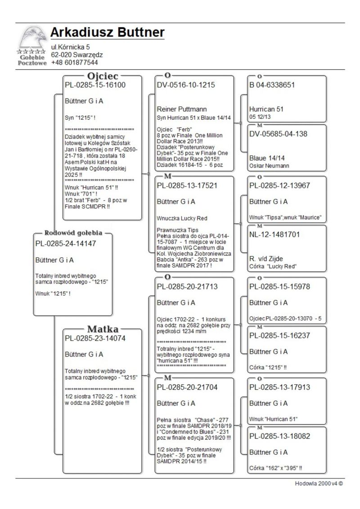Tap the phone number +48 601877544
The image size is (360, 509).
[x=74, y=62]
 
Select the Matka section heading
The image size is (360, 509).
[x=103, y=329]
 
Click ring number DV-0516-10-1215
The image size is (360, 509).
[x=186, y=85]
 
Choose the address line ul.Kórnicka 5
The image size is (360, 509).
[x=71, y=47]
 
